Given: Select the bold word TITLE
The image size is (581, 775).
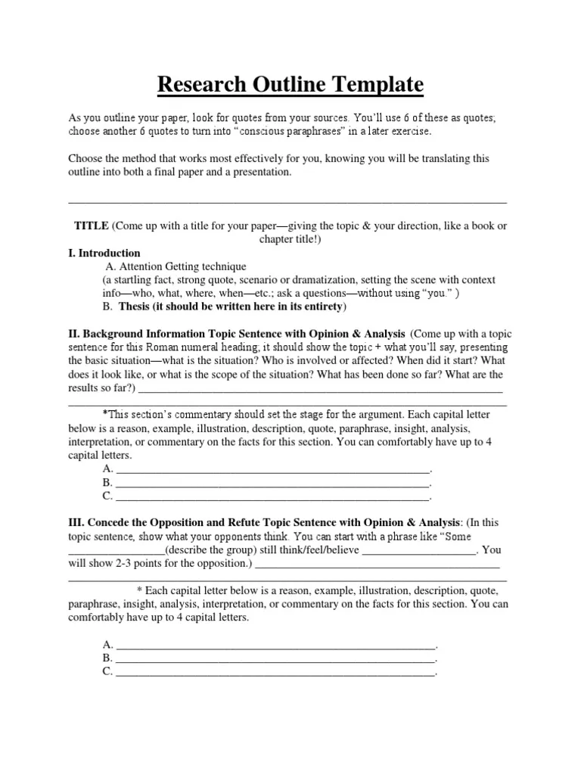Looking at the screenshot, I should [x=91, y=226].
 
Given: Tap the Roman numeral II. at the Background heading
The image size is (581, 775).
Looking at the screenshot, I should [x=74, y=334].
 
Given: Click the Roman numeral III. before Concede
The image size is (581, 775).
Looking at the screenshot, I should [x=76, y=523].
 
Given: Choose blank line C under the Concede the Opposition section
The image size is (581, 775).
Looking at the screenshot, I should [x=275, y=671].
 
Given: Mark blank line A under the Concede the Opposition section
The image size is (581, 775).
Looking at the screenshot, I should [x=275, y=645].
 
